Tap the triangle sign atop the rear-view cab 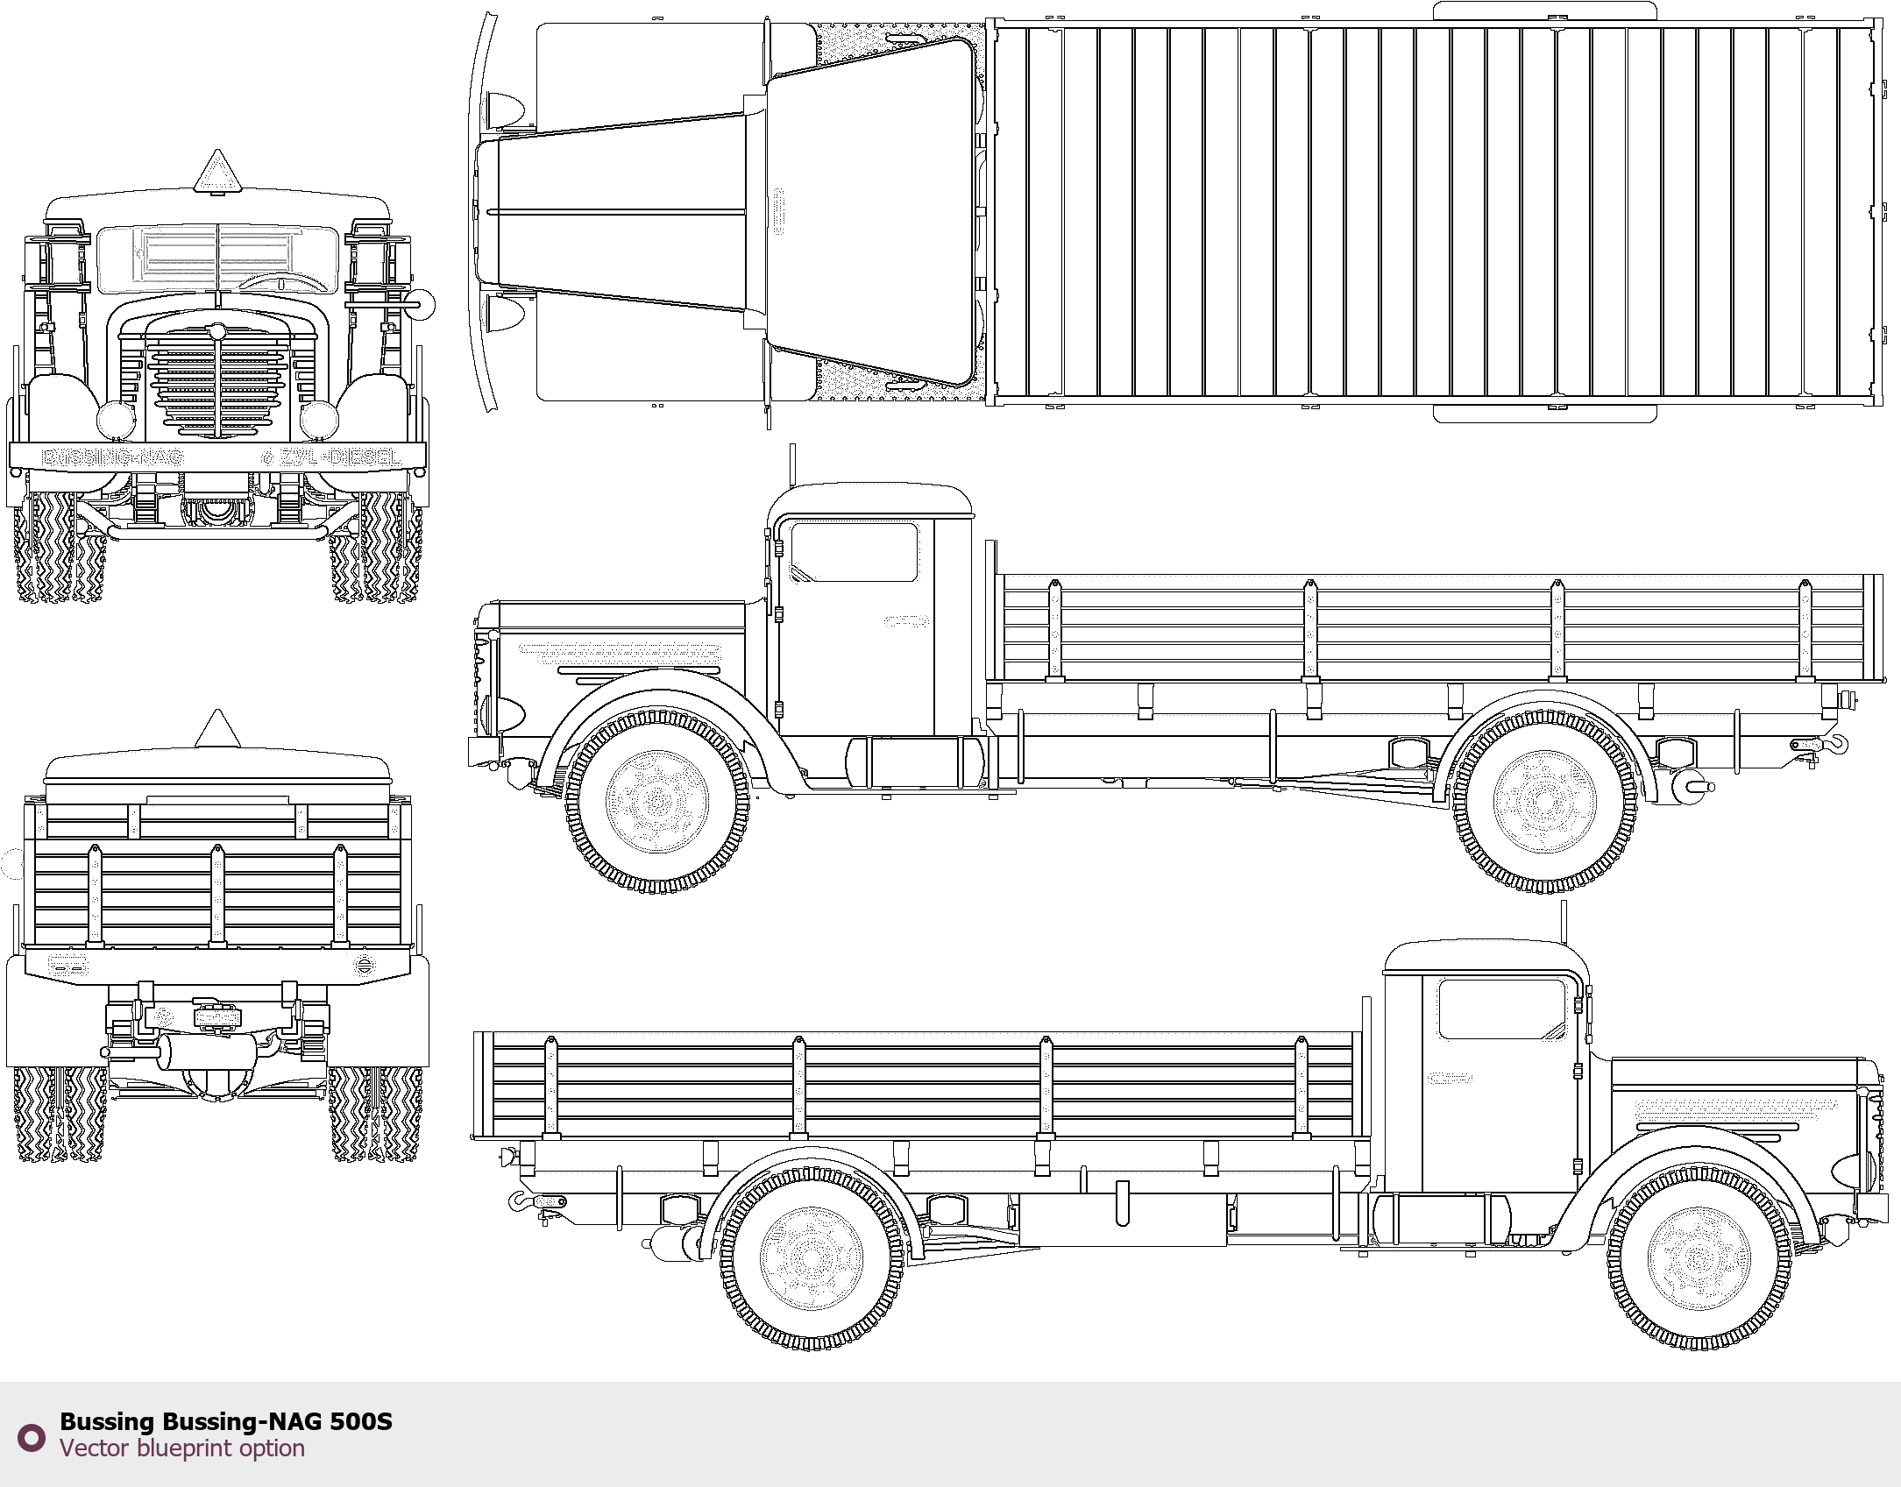217,731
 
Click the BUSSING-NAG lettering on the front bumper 113,457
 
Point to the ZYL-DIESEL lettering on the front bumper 340,457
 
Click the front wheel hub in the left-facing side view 657,801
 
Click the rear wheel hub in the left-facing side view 1545,801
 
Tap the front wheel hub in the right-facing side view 1699,1259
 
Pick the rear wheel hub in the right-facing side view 812,1259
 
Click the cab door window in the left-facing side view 854,552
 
